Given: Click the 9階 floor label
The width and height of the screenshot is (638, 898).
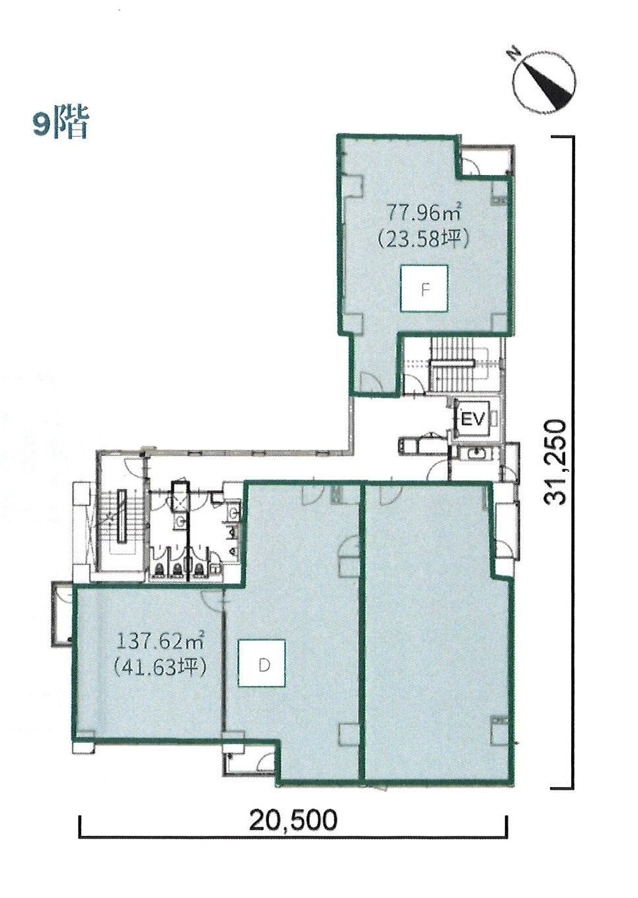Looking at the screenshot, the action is (60, 123).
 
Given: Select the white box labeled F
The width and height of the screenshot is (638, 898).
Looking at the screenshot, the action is (424, 288).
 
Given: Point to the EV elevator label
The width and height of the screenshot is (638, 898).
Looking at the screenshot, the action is (473, 420).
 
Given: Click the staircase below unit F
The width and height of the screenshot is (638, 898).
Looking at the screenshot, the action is (453, 365).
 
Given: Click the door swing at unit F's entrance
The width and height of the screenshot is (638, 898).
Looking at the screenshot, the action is (370, 381).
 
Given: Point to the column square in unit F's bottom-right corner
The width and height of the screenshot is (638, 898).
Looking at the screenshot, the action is (500, 322).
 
